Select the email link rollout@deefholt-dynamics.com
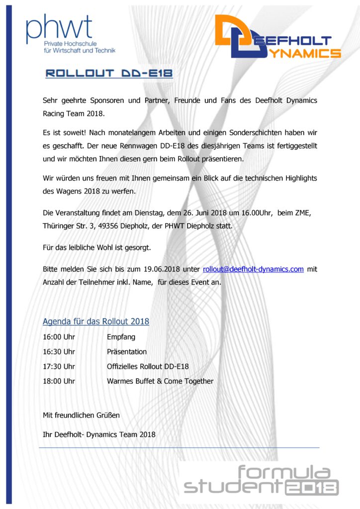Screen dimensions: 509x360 click(253, 269)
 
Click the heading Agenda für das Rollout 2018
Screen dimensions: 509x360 click(96, 322)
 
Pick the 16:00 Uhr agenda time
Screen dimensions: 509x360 click(59, 337)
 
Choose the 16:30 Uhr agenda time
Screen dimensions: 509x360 click(59, 352)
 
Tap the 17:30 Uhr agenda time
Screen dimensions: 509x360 click(59, 367)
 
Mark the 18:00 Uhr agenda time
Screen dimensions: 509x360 click(59, 382)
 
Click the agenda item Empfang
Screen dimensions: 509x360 click(121, 337)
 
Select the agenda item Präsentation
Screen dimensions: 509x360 click(127, 352)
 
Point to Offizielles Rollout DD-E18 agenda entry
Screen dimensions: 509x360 click(148, 367)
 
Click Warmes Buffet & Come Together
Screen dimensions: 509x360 click(160, 382)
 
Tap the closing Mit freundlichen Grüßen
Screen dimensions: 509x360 click(82, 415)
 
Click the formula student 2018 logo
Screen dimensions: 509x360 click(261, 480)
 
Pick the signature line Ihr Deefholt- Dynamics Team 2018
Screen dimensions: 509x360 click(99, 434)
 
